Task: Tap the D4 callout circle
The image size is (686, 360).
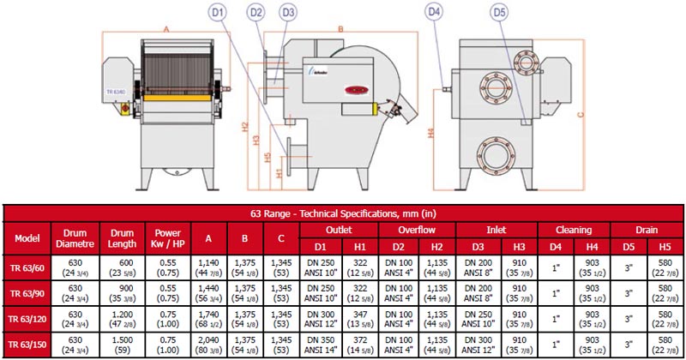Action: click(434, 12)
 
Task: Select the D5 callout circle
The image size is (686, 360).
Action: click(498, 12)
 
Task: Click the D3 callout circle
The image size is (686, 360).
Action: click(287, 12)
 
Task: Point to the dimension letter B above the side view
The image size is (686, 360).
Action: click(340, 28)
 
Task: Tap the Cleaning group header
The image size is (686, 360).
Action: click(573, 230)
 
